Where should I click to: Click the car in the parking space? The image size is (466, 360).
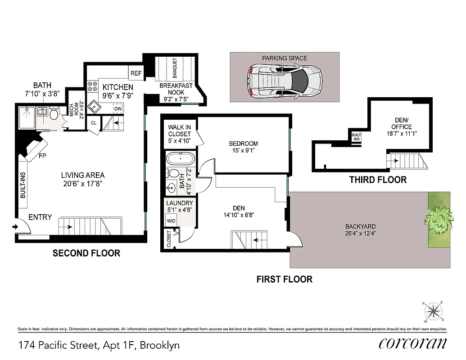tap(285, 80)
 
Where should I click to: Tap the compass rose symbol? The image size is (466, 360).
tap(433, 310)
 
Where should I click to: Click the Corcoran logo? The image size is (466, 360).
tap(413, 343)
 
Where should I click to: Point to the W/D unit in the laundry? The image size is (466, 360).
tap(172, 221)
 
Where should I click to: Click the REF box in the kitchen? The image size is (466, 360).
tap(136, 73)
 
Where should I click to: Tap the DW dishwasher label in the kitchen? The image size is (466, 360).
tap(118, 109)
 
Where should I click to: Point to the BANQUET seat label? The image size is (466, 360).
tap(175, 67)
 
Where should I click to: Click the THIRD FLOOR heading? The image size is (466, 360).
tap(378, 180)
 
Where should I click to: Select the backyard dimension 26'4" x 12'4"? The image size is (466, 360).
tap(360, 233)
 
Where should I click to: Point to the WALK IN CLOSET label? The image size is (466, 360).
tap(180, 134)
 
